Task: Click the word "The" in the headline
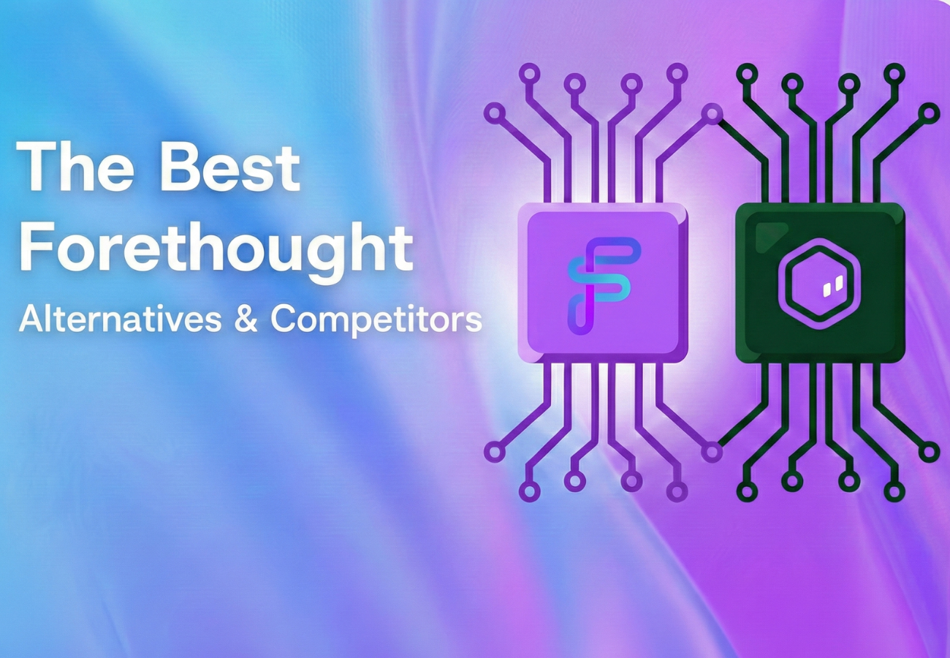[75, 167]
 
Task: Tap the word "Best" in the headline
[230, 167]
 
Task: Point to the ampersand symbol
[246, 319]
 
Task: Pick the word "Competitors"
[376, 319]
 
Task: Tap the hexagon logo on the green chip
[819, 281]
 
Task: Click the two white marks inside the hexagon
[832, 286]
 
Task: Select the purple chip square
[603, 282]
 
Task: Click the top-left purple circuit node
[495, 113]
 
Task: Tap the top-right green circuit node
[928, 113]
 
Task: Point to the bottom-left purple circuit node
[495, 452]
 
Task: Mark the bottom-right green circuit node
[928, 452]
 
